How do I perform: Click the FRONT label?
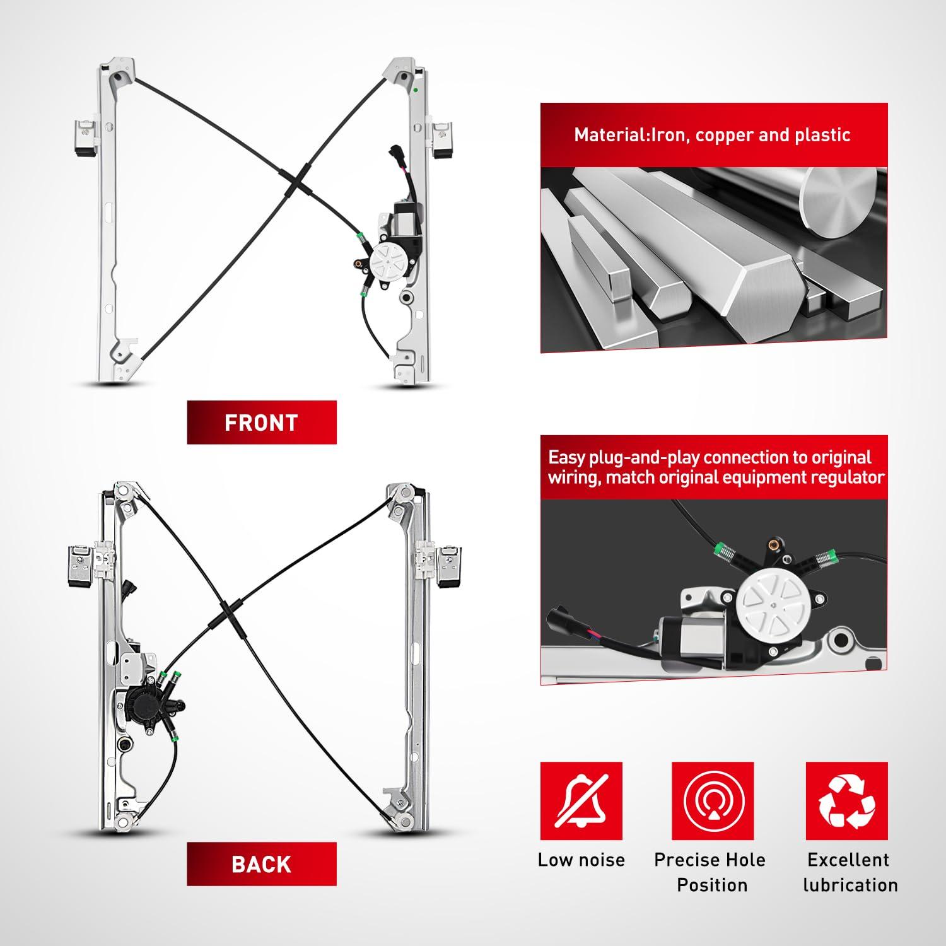point(261,423)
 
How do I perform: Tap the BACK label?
point(261,864)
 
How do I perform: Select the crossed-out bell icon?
point(581,802)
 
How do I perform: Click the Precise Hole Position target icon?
point(713,802)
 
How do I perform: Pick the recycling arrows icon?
point(847,802)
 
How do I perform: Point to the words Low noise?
point(581,860)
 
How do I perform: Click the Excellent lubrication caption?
point(850,872)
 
